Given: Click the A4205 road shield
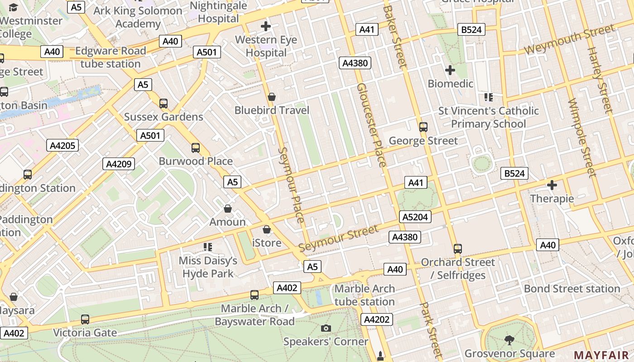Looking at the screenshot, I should point(62,145).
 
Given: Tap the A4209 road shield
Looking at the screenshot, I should point(119,164).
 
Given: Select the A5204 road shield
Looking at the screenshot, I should point(415,217).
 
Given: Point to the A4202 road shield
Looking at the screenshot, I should point(377,319).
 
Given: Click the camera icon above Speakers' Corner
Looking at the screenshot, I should point(326,328).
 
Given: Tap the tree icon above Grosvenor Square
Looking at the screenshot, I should point(509,339).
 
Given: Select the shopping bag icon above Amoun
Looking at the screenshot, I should point(228,209).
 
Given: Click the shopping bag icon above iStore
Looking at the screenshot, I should point(267,229).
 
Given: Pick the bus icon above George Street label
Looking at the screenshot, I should point(423,127).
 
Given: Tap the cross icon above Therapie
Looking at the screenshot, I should point(552,185).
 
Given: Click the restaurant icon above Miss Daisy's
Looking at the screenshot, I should point(208,247).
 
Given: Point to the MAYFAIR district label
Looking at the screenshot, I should point(603,355).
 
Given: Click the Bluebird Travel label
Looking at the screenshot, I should point(272,110).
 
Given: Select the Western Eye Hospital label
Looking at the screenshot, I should point(266,46).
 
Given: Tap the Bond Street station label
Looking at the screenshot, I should point(572,289).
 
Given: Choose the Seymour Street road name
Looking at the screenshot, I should point(338,239).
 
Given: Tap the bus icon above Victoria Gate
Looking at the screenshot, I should point(85,319).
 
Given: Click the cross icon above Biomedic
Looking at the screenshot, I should point(450,70).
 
